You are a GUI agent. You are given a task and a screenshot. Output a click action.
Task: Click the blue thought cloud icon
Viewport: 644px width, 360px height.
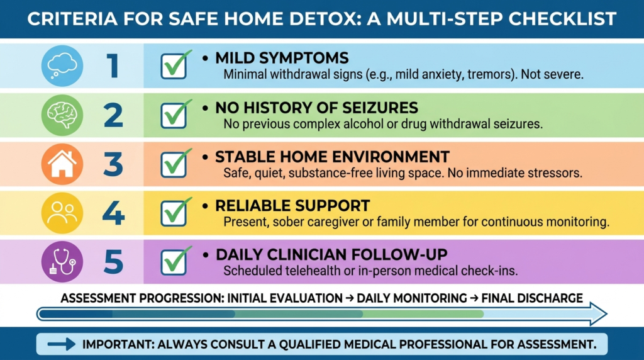(x=62, y=65)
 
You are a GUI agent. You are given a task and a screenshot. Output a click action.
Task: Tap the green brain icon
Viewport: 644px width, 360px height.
(x=62, y=115)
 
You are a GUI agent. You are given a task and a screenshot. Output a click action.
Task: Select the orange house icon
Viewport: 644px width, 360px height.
(x=62, y=164)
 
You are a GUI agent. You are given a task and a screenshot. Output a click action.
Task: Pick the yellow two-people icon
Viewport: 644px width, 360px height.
(x=62, y=213)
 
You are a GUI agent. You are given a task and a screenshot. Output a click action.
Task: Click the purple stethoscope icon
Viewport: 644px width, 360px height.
(x=62, y=262)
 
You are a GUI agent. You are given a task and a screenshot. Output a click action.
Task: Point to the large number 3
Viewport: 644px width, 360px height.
(x=113, y=164)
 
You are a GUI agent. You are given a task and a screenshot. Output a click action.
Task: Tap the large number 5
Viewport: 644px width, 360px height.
(x=113, y=262)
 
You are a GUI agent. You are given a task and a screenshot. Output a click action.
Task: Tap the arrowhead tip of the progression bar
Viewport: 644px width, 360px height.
(x=607, y=315)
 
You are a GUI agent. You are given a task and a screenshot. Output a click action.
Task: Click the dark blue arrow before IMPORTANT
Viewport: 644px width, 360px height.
(x=62, y=344)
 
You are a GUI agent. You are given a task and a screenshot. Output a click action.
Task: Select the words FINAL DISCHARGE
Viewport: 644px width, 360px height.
(x=532, y=298)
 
